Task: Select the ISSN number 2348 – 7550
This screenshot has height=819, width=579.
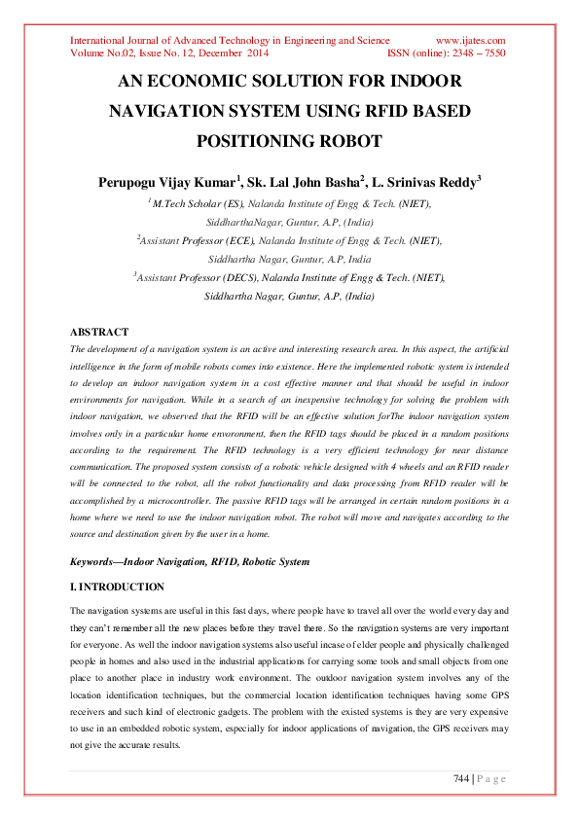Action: pos(475,54)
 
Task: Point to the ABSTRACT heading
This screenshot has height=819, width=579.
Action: pos(100,332)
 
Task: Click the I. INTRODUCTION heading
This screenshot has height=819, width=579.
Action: pos(118,587)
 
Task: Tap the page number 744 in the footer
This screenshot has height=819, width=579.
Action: pos(462,778)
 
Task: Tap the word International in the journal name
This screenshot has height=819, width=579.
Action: pos(101,40)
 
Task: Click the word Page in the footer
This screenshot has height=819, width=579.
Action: pos(491,778)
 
